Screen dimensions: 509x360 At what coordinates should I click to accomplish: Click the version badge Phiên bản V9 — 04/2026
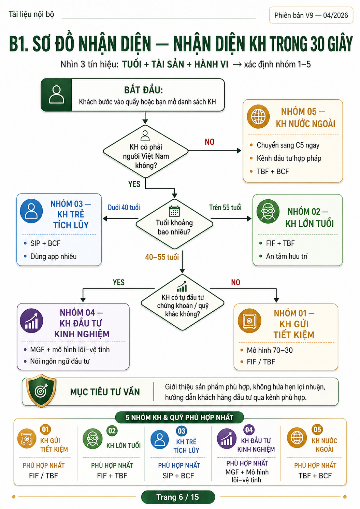(311, 15)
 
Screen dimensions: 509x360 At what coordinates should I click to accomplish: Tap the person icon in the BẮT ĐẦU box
(57, 95)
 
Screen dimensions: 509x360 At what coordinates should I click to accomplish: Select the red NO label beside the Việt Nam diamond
(210, 142)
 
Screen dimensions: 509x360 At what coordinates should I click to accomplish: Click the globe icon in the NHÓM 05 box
(258, 116)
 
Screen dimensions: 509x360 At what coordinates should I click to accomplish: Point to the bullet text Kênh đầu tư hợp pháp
(289, 158)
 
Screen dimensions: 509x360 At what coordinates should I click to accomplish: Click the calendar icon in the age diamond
(174, 211)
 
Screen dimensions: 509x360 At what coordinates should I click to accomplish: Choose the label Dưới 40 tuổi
(124, 208)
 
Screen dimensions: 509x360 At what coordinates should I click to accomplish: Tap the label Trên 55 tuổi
(225, 208)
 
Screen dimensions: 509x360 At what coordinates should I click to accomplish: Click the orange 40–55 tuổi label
(162, 257)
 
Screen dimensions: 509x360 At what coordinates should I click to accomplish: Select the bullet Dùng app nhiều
(53, 256)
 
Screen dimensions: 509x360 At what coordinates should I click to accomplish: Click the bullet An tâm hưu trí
(287, 256)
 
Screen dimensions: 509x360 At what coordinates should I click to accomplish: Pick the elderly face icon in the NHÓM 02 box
(268, 212)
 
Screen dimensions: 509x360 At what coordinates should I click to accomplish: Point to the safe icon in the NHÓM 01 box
(249, 321)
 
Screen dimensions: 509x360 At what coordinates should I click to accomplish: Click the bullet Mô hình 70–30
(270, 350)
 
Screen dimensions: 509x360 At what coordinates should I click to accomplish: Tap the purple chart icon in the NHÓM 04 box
(32, 321)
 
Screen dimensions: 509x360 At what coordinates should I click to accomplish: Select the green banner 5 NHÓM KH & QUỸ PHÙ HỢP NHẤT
(179, 417)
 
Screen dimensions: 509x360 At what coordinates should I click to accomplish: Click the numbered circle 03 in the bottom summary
(182, 431)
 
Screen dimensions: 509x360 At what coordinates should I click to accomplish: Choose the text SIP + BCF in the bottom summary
(178, 476)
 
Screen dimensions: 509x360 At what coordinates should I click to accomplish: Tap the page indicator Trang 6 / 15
(178, 497)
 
